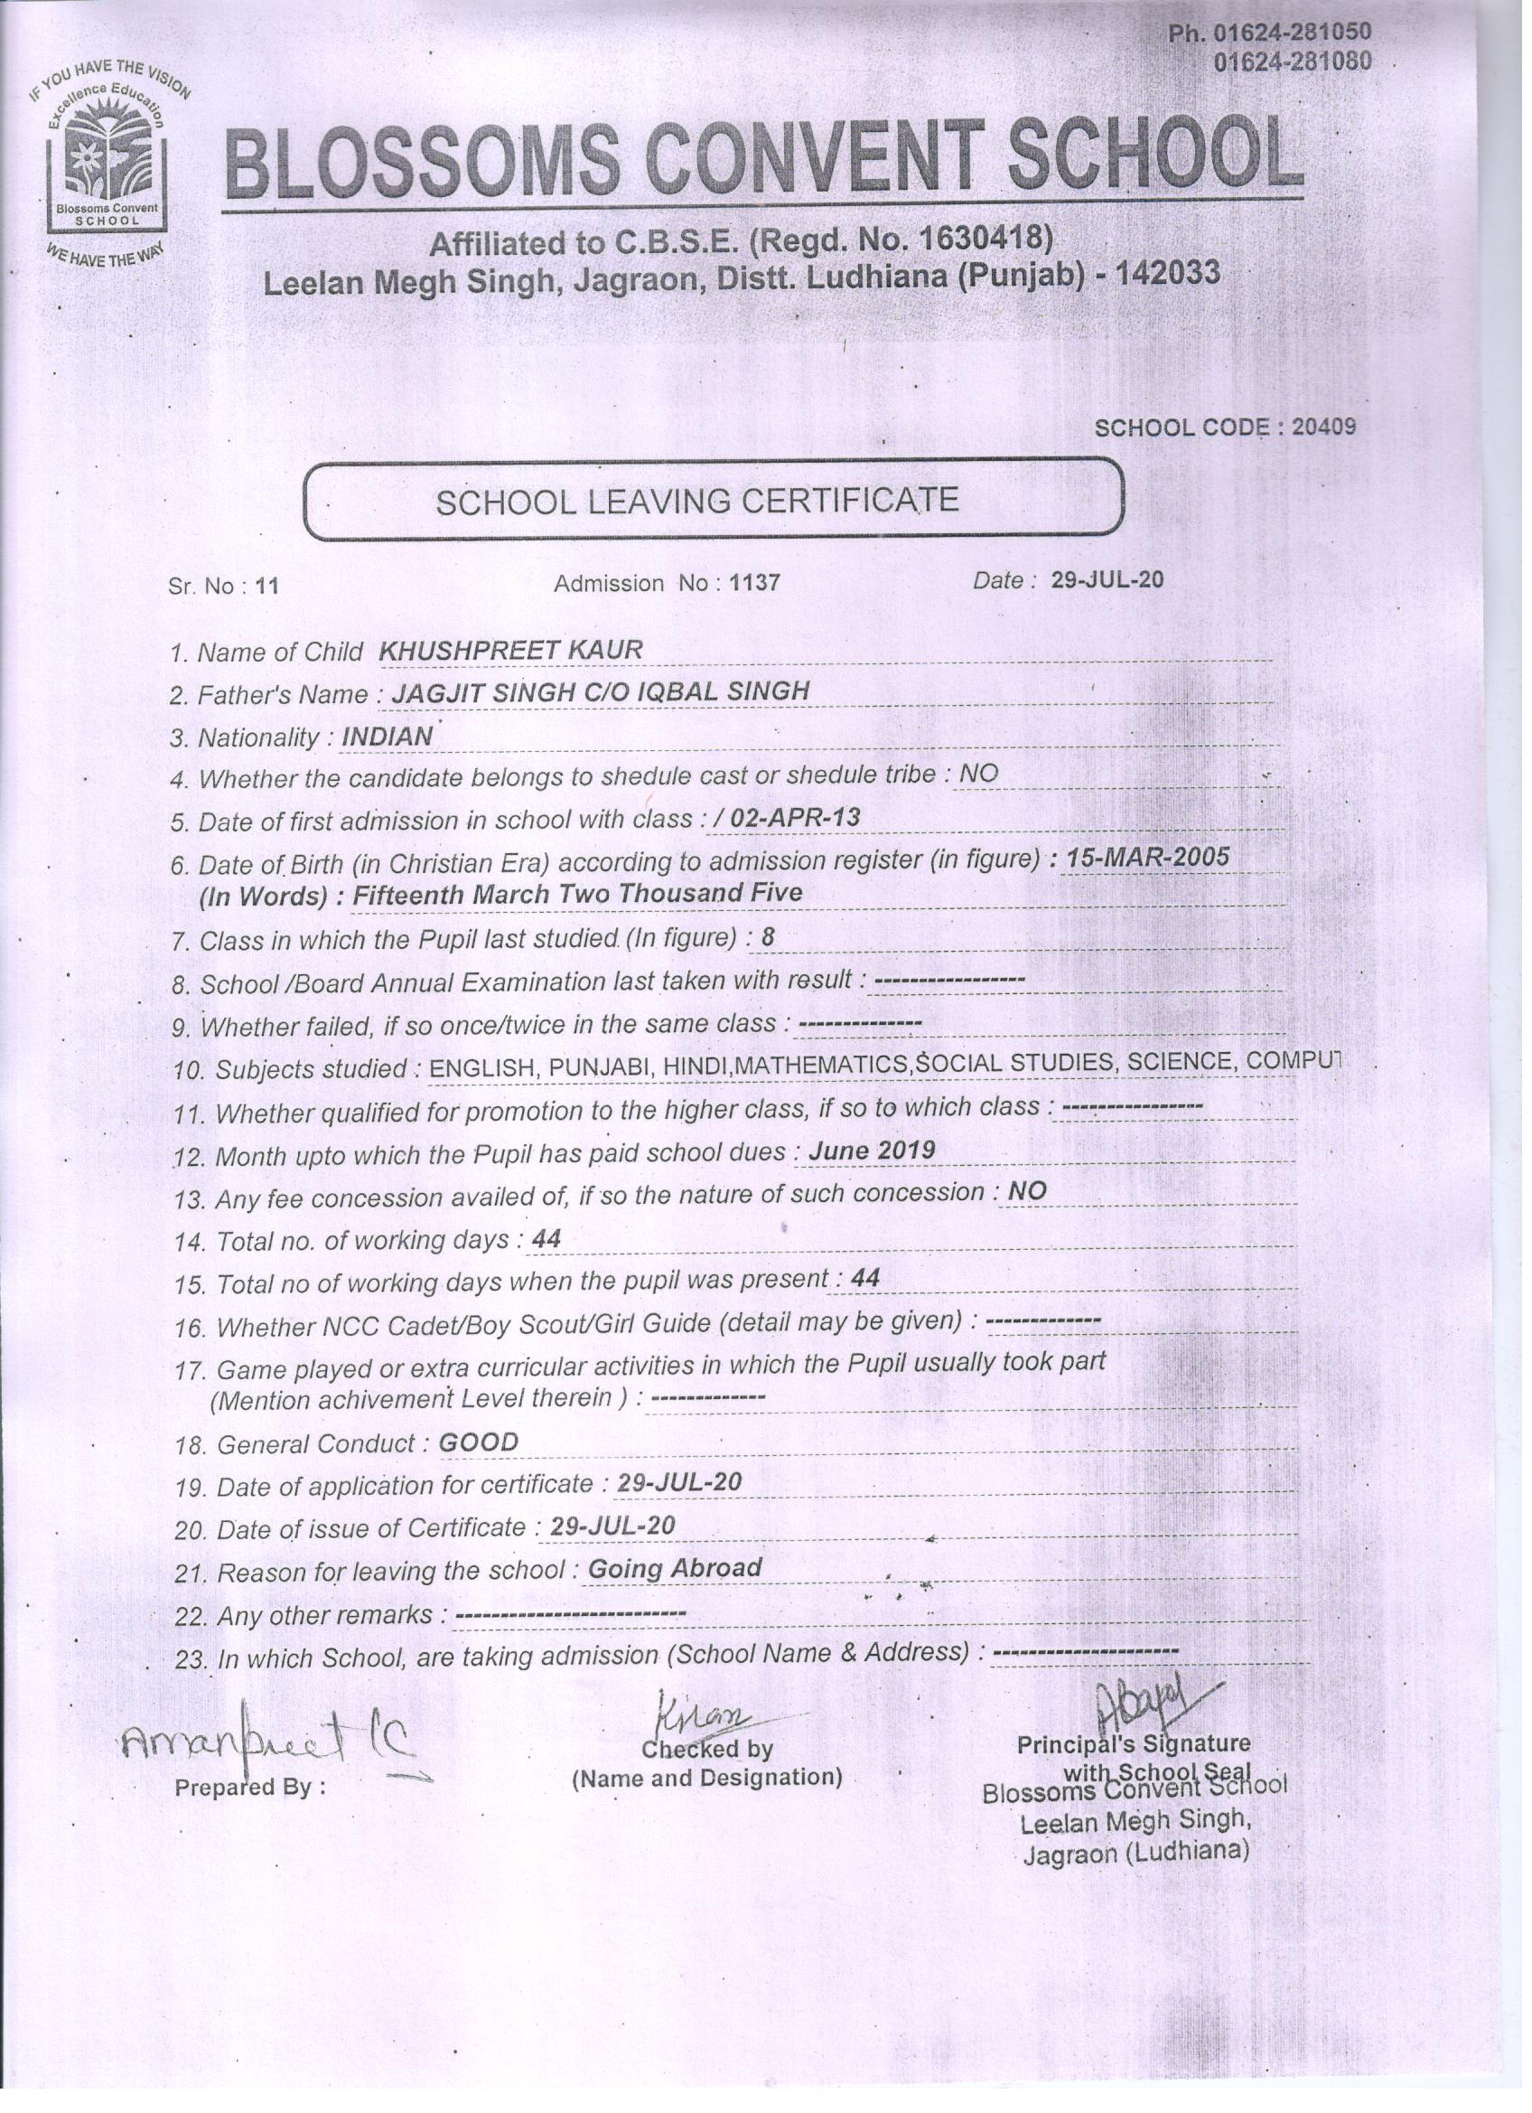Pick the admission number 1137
pos(755,583)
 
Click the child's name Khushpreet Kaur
pos(510,651)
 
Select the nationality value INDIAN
pos(388,736)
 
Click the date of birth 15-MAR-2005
pos(1147,856)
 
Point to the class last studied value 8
pos(768,936)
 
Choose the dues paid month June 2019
pos(872,1150)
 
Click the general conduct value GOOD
pos(478,1443)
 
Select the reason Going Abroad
pos(675,1568)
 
